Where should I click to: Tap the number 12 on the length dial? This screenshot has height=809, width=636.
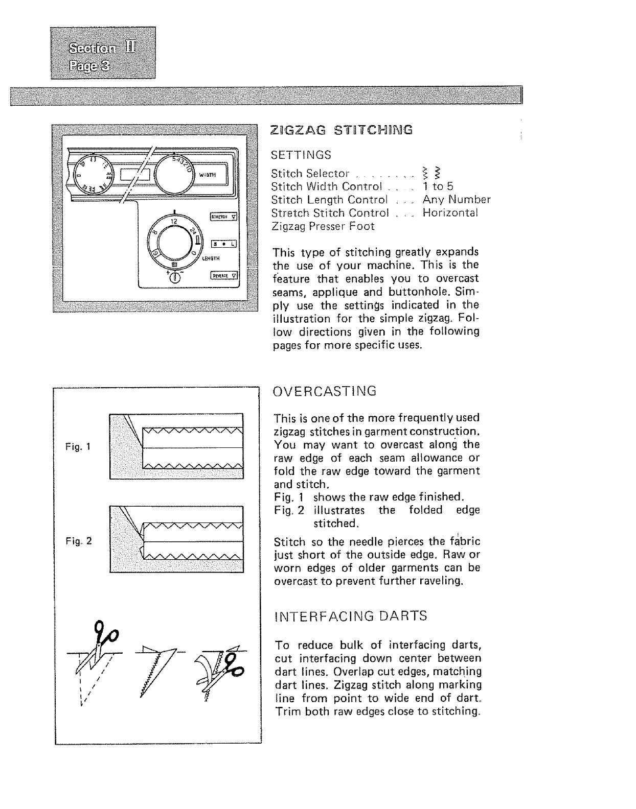[173, 221]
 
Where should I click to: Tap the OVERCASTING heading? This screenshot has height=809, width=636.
[325, 391]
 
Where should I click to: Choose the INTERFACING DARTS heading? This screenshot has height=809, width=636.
[350, 616]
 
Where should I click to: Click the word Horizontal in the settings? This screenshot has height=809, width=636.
[450, 213]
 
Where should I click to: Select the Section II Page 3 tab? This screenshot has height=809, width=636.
[103, 53]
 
